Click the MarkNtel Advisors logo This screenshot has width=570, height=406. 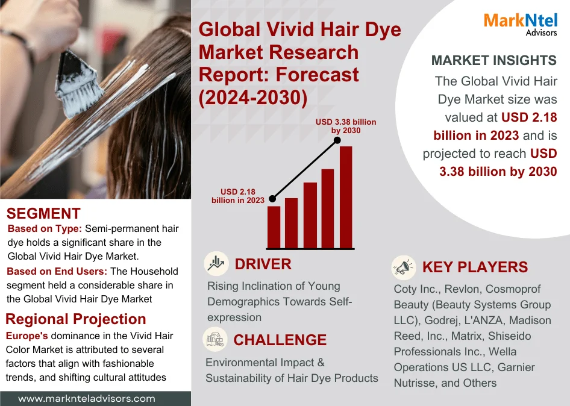coord(520,24)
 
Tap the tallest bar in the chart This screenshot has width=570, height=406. coord(346,198)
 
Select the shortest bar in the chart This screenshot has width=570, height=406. coord(274,228)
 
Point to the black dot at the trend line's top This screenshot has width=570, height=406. coord(337,140)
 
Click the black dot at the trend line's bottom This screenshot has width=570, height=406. coord(272,199)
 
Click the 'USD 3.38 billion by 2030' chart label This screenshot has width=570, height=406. coord(346,126)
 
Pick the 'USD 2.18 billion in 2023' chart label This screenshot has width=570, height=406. coord(238,196)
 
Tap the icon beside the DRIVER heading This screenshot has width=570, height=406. coord(216,263)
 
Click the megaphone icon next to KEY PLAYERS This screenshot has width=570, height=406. coord(404,268)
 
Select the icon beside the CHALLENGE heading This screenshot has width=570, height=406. coord(215,339)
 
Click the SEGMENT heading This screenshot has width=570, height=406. coord(43,213)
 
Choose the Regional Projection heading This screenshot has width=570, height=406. coord(75,319)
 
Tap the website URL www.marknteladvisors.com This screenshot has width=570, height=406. coord(87,399)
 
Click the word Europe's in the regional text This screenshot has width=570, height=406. coord(27,336)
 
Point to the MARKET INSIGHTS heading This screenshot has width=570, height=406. coord(493,60)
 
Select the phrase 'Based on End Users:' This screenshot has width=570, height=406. coord(57,271)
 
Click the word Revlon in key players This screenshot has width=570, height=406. coord(462,289)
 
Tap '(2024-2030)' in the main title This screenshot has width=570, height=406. coord(253,98)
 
